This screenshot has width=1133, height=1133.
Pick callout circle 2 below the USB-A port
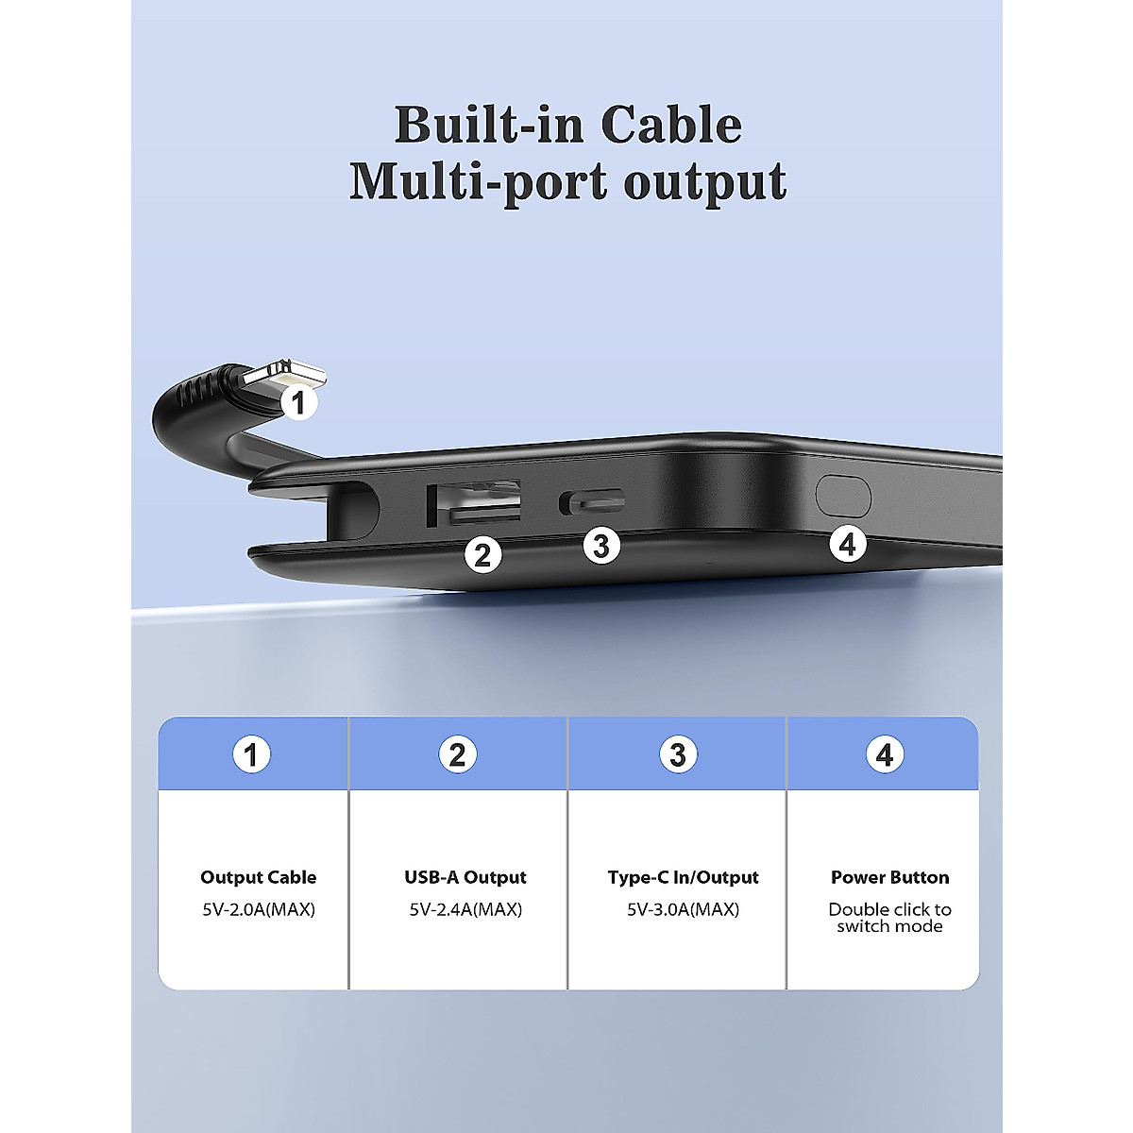pyautogui.click(x=482, y=555)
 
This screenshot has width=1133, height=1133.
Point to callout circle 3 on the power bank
pyautogui.click(x=601, y=545)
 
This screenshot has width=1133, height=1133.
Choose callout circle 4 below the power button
pyautogui.click(x=847, y=544)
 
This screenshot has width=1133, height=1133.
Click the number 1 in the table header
pyautogui.click(x=251, y=754)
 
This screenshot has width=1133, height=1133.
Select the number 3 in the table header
pyautogui.click(x=677, y=754)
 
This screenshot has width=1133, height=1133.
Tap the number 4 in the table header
pyautogui.click(x=884, y=754)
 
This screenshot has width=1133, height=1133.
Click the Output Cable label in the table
pyautogui.click(x=258, y=877)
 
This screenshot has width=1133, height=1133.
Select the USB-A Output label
pyautogui.click(x=465, y=877)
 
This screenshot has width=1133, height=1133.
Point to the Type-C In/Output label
pyautogui.click(x=683, y=877)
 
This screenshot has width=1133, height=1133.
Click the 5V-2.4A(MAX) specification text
pyautogui.click(x=465, y=909)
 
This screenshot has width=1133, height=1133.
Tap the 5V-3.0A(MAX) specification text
pyautogui.click(x=683, y=909)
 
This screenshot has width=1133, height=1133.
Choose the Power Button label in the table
pyautogui.click(x=889, y=877)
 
